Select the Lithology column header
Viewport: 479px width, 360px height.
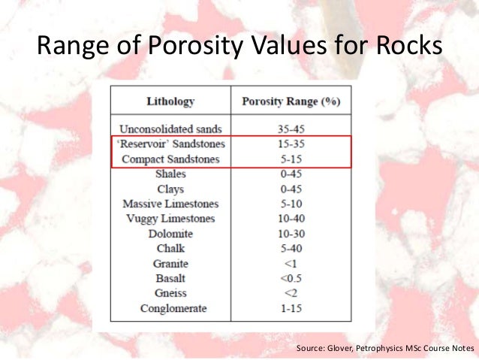[170, 101]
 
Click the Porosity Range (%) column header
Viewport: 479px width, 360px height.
[291, 101]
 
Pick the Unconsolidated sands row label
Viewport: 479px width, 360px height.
[170, 129]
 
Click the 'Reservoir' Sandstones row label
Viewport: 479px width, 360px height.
[170, 144]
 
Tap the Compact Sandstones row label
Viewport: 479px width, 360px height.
[170, 159]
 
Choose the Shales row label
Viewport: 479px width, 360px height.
[170, 174]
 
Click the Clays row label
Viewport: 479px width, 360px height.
[170, 189]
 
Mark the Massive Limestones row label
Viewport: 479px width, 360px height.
[170, 204]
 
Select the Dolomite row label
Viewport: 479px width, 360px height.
[170, 234]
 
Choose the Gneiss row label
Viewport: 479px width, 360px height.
[170, 294]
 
